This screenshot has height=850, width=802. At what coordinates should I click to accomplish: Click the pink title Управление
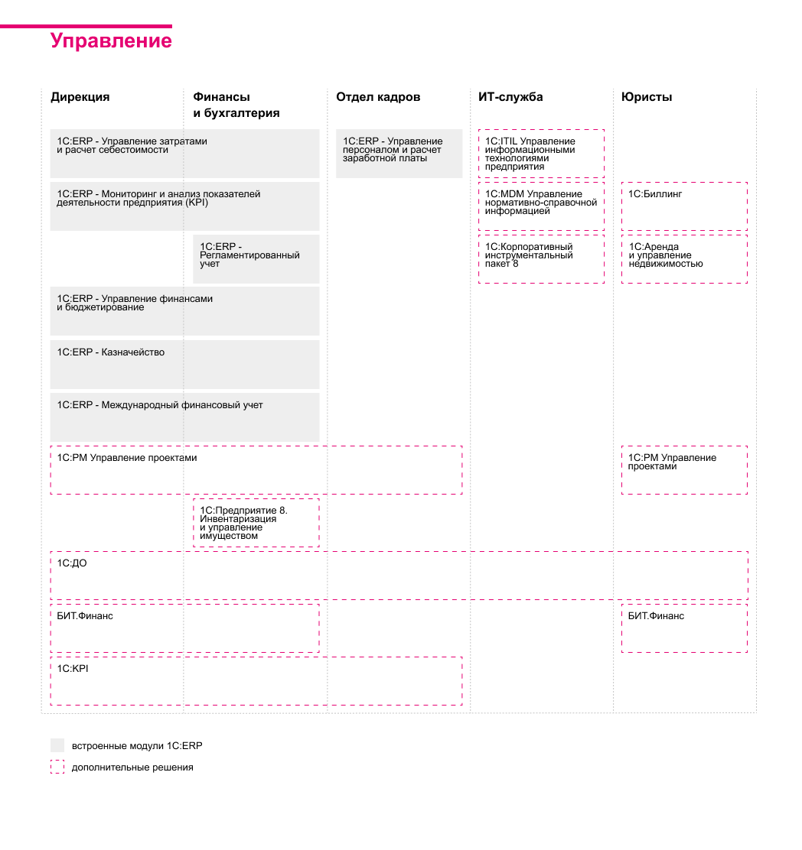pyautogui.click(x=111, y=41)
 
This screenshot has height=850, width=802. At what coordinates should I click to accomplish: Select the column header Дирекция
pyautogui.click(x=80, y=97)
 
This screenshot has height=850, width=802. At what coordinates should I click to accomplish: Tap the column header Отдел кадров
pyautogui.click(x=378, y=97)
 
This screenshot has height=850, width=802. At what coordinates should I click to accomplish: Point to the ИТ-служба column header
pyautogui.click(x=510, y=97)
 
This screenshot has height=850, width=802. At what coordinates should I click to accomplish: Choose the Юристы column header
pyautogui.click(x=647, y=97)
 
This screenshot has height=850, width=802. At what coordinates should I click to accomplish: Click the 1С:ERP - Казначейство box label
pyautogui.click(x=111, y=352)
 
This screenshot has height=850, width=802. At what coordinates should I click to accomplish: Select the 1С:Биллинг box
pyautogui.click(x=684, y=206)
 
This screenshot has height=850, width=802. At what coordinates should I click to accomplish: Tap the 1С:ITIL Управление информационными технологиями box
pyautogui.click(x=541, y=154)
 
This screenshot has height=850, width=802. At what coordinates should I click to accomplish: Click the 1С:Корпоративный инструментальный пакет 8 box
pyautogui.click(x=541, y=258)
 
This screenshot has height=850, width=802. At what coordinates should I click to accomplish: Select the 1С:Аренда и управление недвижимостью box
pyautogui.click(x=684, y=258)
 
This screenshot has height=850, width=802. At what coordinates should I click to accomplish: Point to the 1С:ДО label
pyautogui.click(x=67, y=563)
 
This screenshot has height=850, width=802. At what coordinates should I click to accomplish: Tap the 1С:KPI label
pyautogui.click(x=68, y=669)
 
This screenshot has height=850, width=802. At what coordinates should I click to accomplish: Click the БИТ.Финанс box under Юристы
pyautogui.click(x=684, y=628)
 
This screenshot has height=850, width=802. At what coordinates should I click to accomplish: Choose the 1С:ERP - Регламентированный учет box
pyautogui.click(x=256, y=258)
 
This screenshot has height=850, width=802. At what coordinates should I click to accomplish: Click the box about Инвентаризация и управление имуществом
pyautogui.click(x=256, y=523)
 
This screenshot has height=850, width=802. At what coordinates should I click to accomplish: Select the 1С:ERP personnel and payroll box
pyautogui.click(x=399, y=153)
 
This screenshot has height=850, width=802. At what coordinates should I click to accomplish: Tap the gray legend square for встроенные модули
pyautogui.click(x=57, y=745)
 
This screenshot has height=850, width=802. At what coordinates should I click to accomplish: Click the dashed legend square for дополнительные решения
pyautogui.click(x=57, y=767)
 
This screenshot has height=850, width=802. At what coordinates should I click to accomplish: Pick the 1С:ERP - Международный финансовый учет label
pyautogui.click(x=160, y=405)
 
